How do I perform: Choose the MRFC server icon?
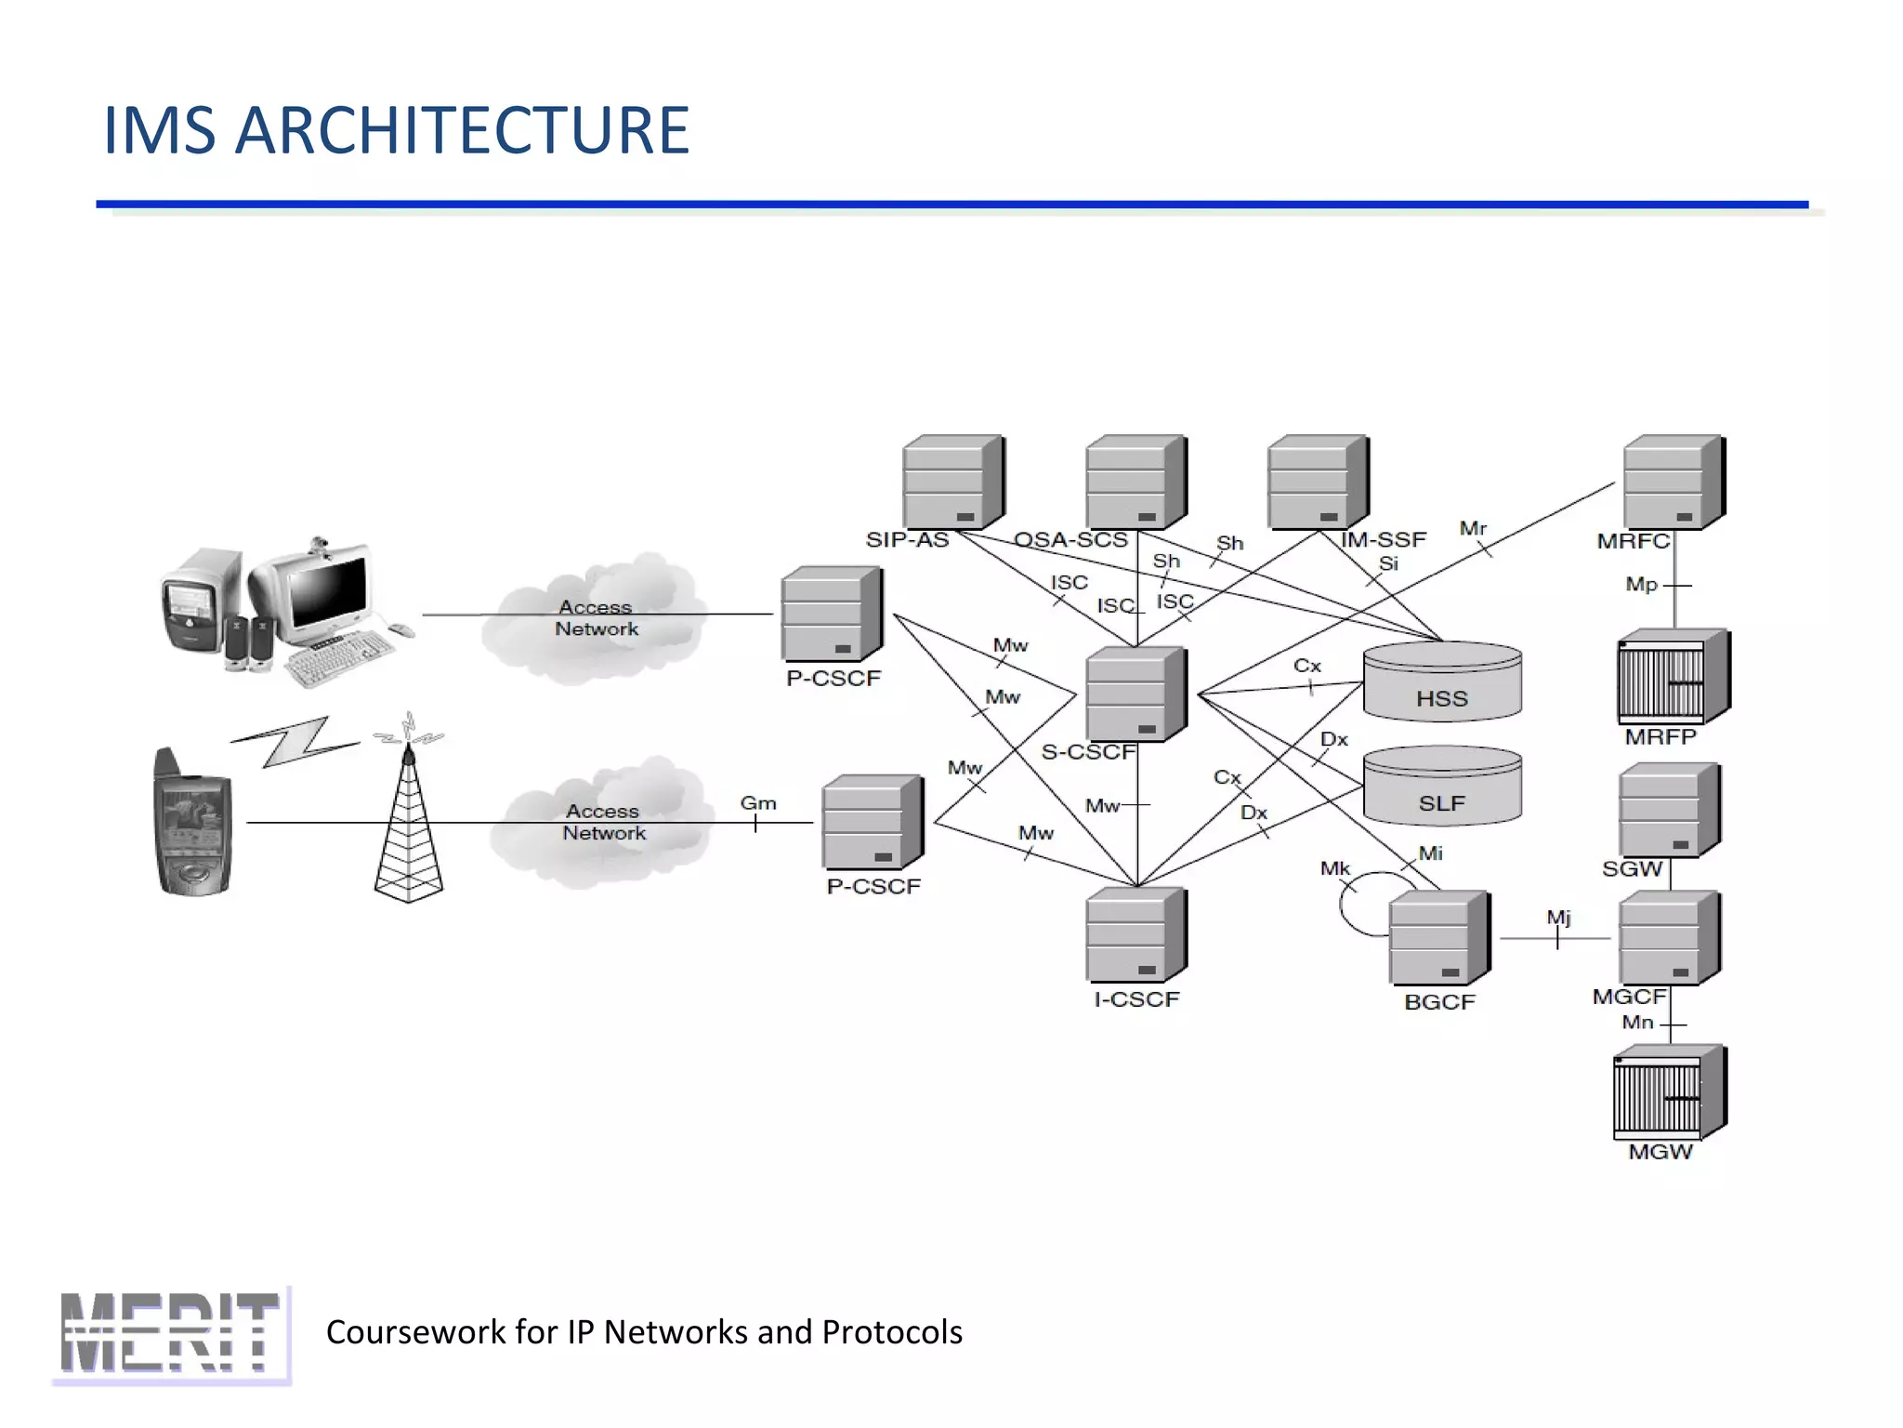(1673, 482)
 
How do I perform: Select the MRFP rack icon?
(1673, 677)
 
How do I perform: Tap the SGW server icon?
(1669, 810)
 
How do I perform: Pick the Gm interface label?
(757, 803)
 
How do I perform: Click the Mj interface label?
(1558, 918)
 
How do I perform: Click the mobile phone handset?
(192, 824)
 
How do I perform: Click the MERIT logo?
(172, 1334)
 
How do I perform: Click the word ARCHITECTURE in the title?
(462, 130)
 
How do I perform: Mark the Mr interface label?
(1473, 528)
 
